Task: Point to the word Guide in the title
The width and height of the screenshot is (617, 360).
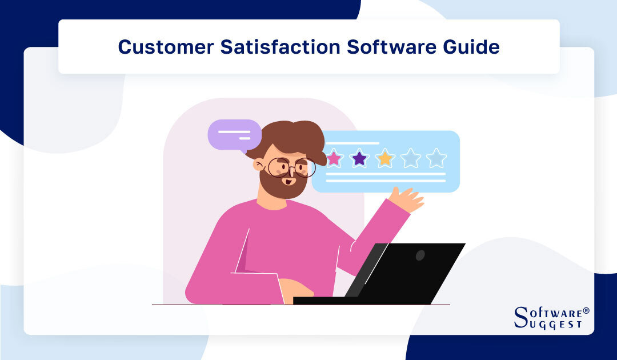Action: (x=471, y=47)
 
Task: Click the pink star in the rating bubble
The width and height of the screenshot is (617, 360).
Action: (x=333, y=158)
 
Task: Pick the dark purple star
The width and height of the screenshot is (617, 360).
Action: (x=359, y=158)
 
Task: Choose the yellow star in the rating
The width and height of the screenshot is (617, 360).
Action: (x=385, y=158)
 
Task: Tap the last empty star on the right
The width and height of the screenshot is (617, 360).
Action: (x=436, y=158)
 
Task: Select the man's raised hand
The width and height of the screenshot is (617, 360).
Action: (x=406, y=199)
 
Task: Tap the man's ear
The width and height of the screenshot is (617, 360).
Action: (x=260, y=166)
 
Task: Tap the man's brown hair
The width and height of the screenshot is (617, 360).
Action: (x=286, y=137)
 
